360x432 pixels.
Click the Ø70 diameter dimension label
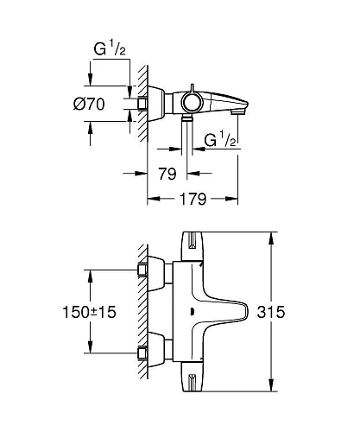tap(89, 104)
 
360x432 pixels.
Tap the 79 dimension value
tap(167, 174)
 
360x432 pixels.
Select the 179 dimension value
tap(193, 199)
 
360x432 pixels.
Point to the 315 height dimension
tap(271, 312)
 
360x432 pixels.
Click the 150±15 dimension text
tap(89, 312)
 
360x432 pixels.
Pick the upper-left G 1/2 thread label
tap(110, 49)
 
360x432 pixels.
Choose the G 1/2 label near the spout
tap(220, 139)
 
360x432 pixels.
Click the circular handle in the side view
tap(192, 103)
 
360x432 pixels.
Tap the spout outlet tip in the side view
tap(239, 111)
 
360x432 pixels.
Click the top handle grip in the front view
tap(192, 245)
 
